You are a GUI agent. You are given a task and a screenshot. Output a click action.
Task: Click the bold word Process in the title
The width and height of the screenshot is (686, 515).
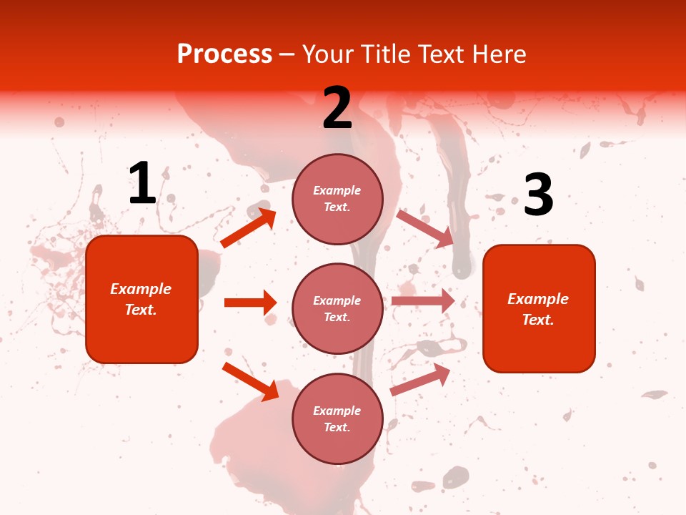point(224,54)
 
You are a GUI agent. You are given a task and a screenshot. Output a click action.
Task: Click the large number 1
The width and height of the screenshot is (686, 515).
point(142,184)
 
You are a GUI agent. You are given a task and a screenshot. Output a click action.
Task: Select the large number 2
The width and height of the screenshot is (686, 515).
point(337,108)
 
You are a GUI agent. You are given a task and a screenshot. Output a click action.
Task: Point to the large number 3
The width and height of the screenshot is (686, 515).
point(538,195)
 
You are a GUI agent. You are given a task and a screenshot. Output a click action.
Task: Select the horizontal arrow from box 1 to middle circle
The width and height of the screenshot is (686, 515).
point(250,303)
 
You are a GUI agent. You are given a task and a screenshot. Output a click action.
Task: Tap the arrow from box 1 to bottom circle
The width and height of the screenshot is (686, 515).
point(250,381)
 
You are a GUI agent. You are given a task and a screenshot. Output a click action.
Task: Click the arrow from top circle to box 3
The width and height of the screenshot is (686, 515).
point(425,228)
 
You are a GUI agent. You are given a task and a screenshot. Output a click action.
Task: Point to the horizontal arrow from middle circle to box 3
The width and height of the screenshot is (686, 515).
point(423,300)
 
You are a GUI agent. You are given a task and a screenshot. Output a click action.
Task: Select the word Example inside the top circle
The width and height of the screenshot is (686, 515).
point(337,190)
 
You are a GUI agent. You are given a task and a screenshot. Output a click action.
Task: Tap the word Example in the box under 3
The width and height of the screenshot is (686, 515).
point(538,299)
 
